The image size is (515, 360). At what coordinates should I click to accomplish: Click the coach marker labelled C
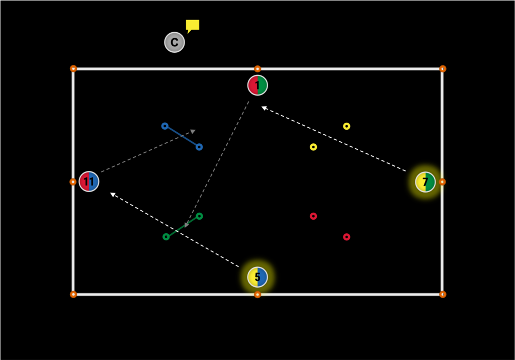175,42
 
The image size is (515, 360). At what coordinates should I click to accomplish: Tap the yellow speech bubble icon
192,26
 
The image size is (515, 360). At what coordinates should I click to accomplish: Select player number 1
257,85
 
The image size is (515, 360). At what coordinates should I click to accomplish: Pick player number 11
89,182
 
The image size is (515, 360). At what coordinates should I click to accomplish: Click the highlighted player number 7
425,182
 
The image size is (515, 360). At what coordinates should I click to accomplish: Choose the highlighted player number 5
257,277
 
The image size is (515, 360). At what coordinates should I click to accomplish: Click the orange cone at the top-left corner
73,69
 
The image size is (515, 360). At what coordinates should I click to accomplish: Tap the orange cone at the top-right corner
443,69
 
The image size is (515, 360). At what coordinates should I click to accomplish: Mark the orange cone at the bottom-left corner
73,294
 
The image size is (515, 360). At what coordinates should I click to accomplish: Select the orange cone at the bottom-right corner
443,294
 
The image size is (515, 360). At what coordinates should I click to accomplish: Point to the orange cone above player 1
257,69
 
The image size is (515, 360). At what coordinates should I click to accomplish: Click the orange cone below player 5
257,294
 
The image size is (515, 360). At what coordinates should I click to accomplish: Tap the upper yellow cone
347,126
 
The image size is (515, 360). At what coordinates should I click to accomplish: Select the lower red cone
347,237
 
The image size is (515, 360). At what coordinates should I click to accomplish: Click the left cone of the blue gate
165,126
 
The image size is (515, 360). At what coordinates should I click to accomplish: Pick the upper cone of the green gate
199,216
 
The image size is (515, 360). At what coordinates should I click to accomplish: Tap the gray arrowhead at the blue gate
193,131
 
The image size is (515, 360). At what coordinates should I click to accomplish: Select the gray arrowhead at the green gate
187,225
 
